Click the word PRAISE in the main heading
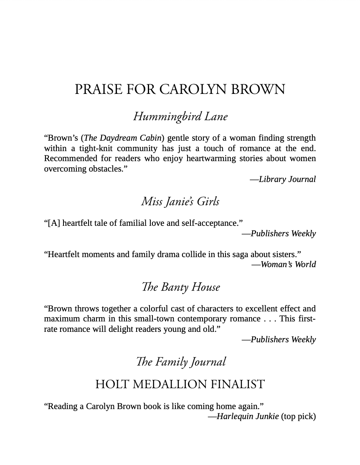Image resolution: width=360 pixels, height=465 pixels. [99, 90]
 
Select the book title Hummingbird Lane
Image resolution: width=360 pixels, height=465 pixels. [180, 116]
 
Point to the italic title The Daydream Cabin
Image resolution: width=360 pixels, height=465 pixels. [123, 138]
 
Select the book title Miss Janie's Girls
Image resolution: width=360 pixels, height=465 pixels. [180, 202]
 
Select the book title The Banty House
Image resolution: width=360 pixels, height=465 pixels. [180, 287]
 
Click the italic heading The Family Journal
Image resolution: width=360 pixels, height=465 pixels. [180, 362]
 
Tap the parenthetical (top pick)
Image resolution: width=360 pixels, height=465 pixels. [299, 417]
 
